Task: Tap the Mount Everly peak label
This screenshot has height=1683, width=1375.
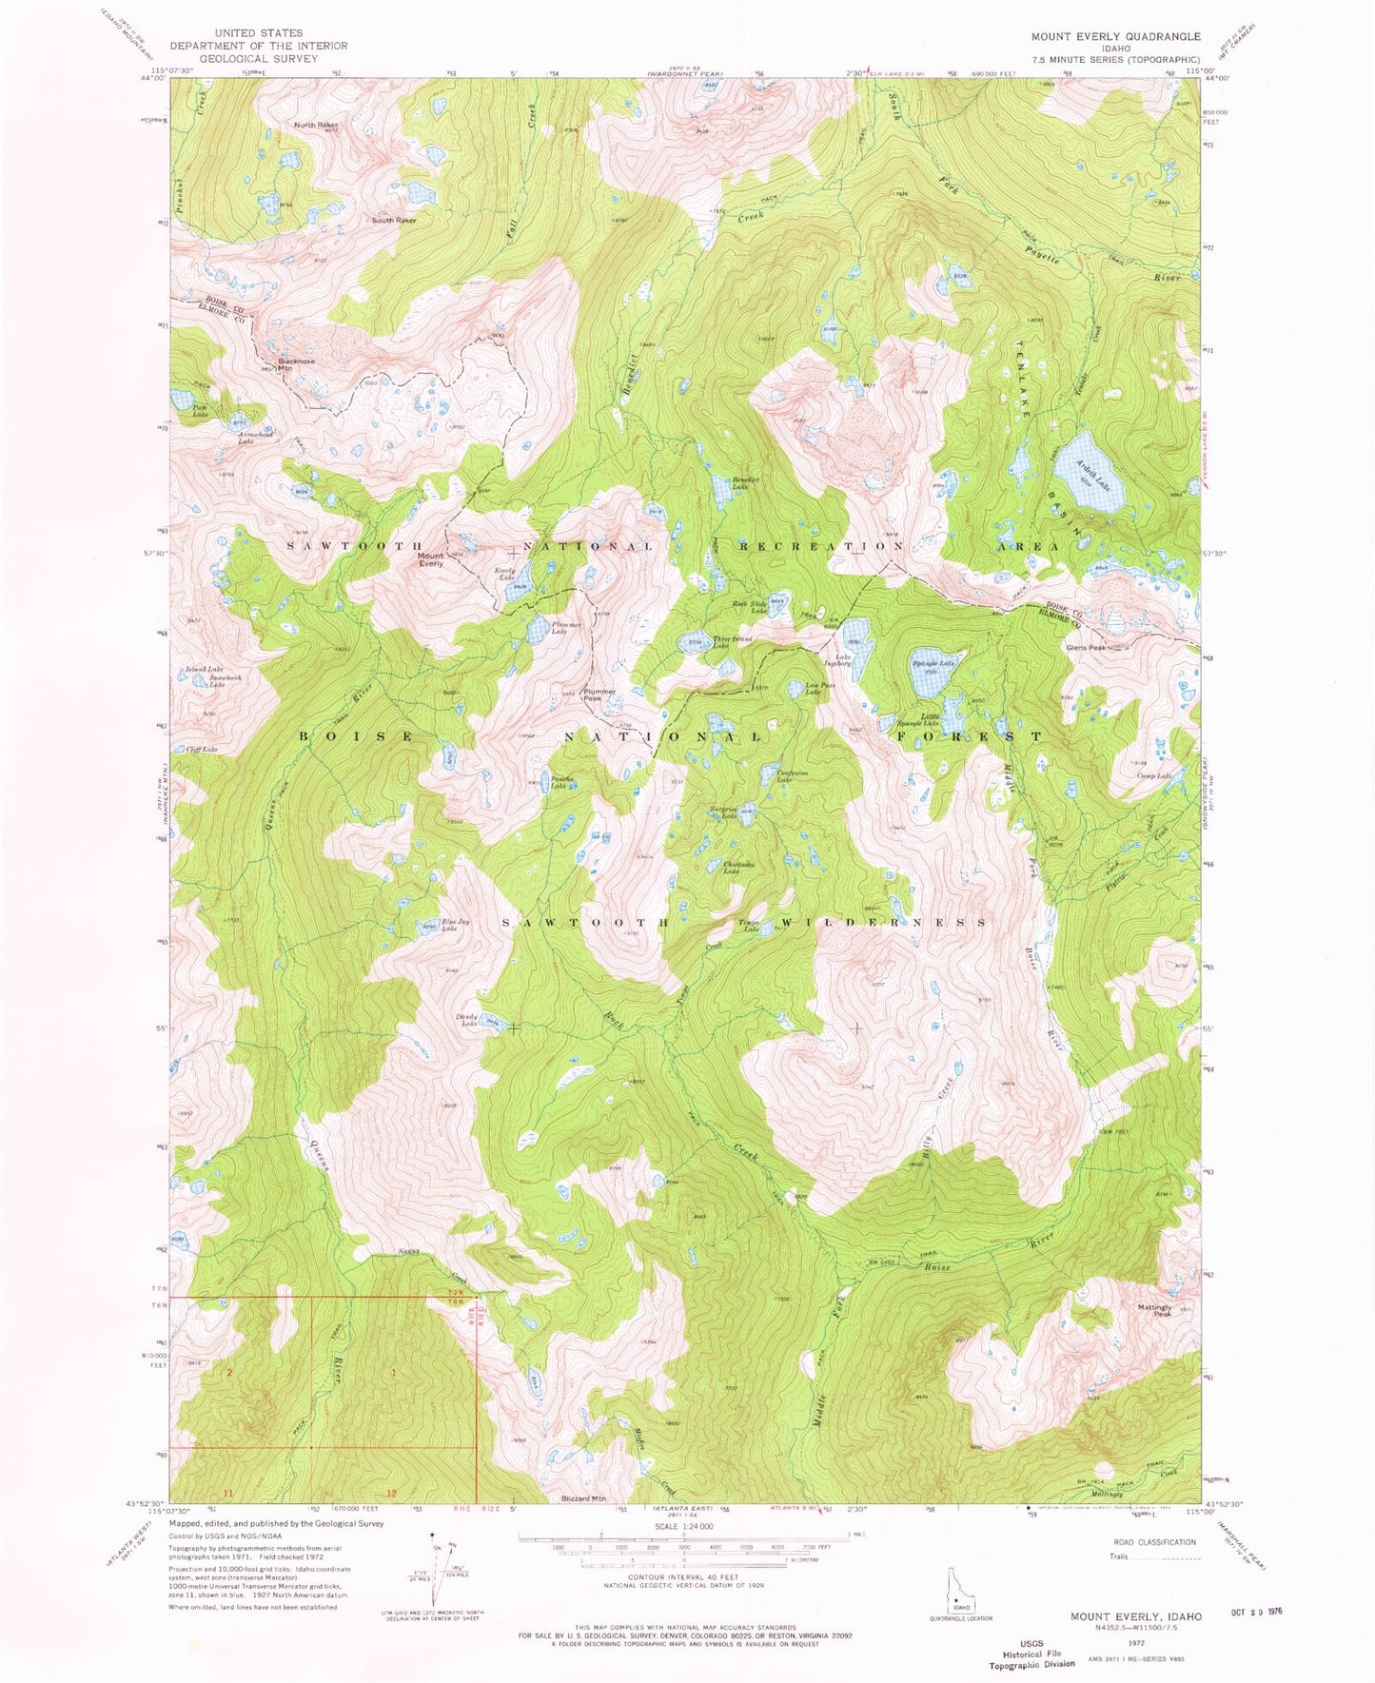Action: point(431,559)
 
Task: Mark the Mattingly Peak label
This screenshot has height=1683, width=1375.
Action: point(1154,1310)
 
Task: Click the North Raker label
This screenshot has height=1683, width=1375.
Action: point(316,125)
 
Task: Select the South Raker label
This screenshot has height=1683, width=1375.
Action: point(394,220)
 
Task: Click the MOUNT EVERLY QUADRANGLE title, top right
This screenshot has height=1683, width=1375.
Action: point(1115,36)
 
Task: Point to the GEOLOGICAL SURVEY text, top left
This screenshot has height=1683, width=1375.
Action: point(259,58)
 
